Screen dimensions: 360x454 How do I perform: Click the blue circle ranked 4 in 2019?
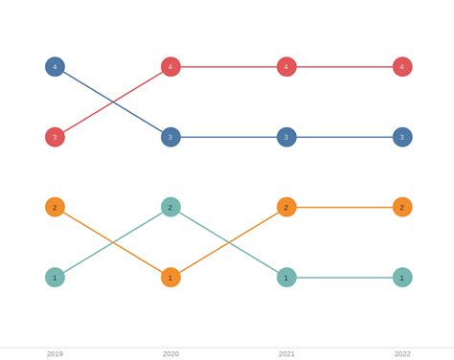pyautogui.click(x=55, y=67)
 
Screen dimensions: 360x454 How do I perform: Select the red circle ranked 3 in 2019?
pyautogui.click(x=55, y=137)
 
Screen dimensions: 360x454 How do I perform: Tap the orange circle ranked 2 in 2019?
pyautogui.click(x=55, y=207)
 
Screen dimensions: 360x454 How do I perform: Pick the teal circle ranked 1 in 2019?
pyautogui.click(x=55, y=278)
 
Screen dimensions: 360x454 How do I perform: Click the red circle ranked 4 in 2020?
pyautogui.click(x=170, y=67)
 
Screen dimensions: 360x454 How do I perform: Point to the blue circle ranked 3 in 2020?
pyautogui.click(x=170, y=137)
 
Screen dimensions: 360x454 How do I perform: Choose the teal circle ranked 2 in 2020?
pyautogui.click(x=170, y=207)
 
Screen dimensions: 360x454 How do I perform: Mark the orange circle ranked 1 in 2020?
pyautogui.click(x=170, y=278)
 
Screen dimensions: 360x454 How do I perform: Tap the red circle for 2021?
pyautogui.click(x=286, y=67)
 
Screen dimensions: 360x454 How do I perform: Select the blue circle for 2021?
pyautogui.click(x=286, y=137)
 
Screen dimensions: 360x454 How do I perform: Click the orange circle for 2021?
pyautogui.click(x=286, y=207)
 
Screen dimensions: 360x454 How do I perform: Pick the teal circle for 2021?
pyautogui.click(x=286, y=278)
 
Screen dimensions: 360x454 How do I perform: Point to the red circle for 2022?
pyautogui.click(x=402, y=67)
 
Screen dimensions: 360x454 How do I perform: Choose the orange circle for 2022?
pyautogui.click(x=402, y=207)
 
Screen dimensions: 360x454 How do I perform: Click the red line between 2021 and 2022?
pyautogui.click(x=345, y=67)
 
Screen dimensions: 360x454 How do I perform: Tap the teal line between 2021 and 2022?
pyautogui.click(x=345, y=278)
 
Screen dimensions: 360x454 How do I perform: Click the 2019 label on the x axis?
pyautogui.click(x=55, y=353)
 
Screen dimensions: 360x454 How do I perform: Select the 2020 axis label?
pyautogui.click(x=170, y=353)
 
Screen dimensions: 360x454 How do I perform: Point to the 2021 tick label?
pyautogui.click(x=286, y=353)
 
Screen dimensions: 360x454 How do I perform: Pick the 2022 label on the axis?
pyautogui.click(x=402, y=353)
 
